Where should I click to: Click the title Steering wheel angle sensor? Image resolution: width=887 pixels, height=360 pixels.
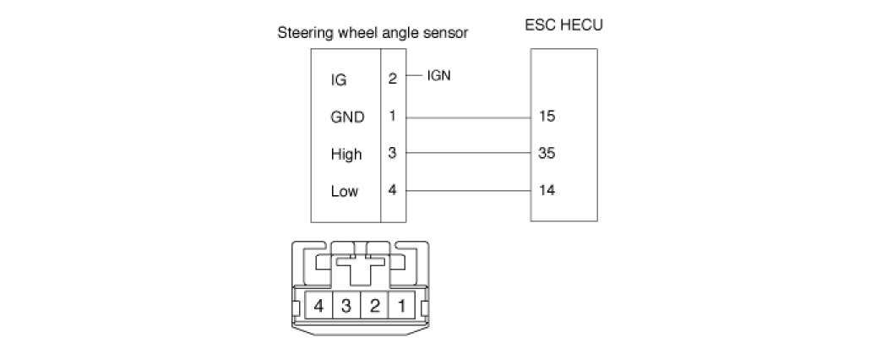click(x=373, y=34)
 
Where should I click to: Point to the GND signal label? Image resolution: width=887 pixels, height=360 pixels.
click(x=347, y=117)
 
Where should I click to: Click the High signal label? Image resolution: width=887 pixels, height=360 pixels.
click(x=346, y=155)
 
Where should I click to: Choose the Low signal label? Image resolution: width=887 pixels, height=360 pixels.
click(x=345, y=191)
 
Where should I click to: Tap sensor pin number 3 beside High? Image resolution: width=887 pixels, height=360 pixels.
click(x=393, y=154)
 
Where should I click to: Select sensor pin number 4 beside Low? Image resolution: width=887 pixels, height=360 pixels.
click(x=393, y=190)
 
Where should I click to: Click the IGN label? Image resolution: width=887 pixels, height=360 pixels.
click(x=439, y=75)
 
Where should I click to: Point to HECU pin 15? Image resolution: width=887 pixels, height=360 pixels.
click(x=546, y=117)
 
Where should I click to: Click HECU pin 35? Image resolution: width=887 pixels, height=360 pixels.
click(x=546, y=154)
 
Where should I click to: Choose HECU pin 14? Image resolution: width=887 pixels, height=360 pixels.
click(x=546, y=190)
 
